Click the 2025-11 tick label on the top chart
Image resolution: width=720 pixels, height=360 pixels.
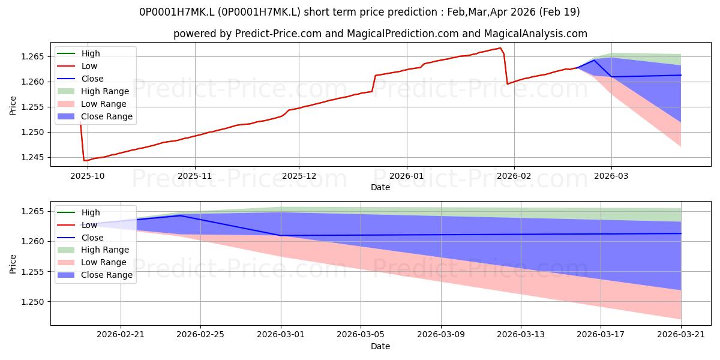coord(195,176)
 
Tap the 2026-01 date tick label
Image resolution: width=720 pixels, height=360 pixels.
coord(407,176)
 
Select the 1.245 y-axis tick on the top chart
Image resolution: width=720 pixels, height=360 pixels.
coord(32,157)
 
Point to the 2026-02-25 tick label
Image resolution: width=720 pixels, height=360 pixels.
coord(200,335)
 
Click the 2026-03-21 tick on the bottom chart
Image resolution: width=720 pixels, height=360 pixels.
coord(681,335)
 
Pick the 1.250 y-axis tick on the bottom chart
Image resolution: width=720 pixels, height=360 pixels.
coord(32,302)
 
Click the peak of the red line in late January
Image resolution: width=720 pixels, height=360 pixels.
coord(500,48)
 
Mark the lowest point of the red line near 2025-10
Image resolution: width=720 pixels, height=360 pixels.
coord(84,160)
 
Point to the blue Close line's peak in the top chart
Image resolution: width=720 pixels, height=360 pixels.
coord(593,60)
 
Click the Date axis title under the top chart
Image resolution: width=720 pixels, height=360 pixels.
coord(380,187)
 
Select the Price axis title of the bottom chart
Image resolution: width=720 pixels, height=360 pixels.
coord(13,264)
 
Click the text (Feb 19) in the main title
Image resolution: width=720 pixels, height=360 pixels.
coord(560,12)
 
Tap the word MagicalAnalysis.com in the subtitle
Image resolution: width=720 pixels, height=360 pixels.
coord(535,34)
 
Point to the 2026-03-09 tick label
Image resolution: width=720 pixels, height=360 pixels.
coord(440,335)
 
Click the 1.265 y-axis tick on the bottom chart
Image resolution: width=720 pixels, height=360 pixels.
coord(32,211)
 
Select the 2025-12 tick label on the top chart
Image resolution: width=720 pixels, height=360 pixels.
coord(299,176)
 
